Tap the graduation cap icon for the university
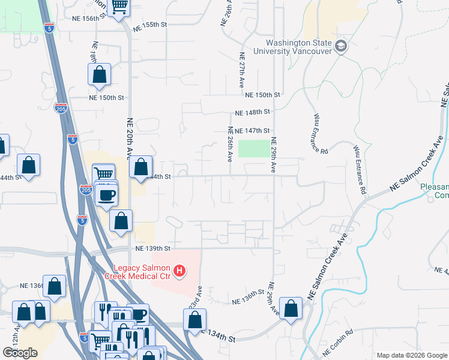[341, 46]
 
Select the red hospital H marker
[178, 272]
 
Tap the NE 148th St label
[253, 112]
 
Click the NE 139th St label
[153, 248]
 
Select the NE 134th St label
[217, 337]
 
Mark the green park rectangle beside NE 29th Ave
[255, 148]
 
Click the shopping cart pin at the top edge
[119, 7]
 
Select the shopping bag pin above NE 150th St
[99, 76]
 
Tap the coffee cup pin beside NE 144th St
[106, 195]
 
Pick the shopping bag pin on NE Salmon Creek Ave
[291, 309]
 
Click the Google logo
[20, 353]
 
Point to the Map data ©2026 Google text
[411, 355]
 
